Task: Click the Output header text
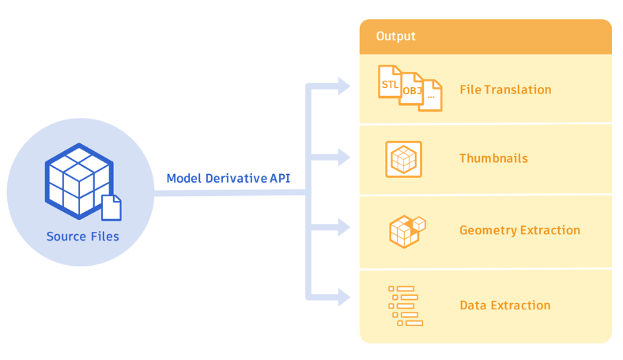coord(395,36)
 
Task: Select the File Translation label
coord(505,89)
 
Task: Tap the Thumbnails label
coord(493,158)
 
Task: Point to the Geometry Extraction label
coord(519,230)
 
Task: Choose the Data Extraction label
coord(504,305)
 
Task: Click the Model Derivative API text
coord(228,178)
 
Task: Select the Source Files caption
coord(82,236)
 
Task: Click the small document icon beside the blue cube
coord(111,207)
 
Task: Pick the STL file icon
coord(390,81)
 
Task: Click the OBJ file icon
coord(411,89)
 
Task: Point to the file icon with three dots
coord(431,96)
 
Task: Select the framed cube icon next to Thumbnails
coord(403,159)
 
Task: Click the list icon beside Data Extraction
coord(406,305)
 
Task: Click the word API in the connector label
coord(280,178)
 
